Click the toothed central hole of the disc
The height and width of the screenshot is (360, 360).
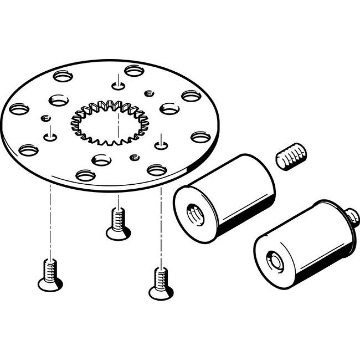click(x=110, y=122)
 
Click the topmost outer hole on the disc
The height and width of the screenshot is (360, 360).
click(x=134, y=71)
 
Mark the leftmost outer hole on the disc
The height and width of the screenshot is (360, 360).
click(x=18, y=109)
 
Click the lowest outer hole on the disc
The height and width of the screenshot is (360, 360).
click(x=85, y=175)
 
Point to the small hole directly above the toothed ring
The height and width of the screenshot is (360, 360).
click(x=118, y=86)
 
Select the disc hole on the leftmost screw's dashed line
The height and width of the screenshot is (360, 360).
click(x=50, y=136)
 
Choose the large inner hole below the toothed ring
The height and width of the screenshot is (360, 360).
click(x=102, y=159)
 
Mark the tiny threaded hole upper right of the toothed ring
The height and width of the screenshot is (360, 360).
click(x=148, y=94)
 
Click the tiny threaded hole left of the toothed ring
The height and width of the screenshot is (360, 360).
click(x=45, y=118)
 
